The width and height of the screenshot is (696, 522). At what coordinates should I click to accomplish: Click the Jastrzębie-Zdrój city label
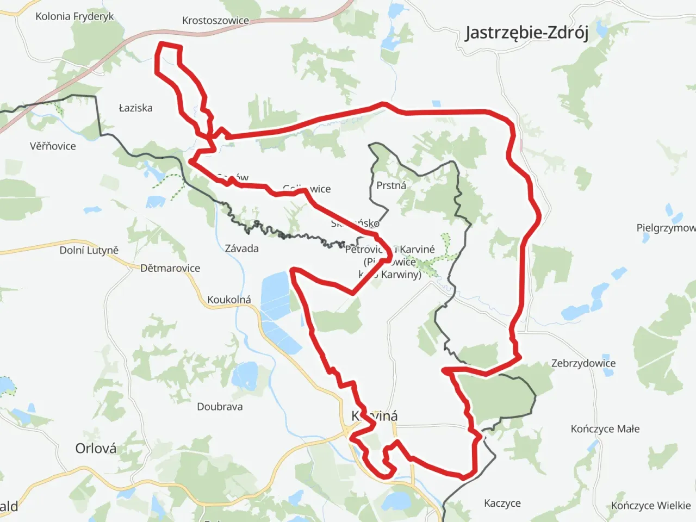[x=526, y=33]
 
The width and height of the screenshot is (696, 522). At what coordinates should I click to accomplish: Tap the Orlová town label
[x=96, y=448]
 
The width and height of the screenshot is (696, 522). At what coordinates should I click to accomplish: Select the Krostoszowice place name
[x=215, y=21]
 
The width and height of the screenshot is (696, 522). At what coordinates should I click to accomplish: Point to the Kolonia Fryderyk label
[x=74, y=16]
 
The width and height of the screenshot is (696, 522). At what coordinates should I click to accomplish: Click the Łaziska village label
[x=135, y=108]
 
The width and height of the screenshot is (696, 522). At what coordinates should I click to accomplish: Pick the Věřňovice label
[x=53, y=146]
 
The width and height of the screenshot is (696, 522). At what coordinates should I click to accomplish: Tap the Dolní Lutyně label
[x=89, y=250]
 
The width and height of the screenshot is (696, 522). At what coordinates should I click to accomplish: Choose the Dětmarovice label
[x=170, y=268]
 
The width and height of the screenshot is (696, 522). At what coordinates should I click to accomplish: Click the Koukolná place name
[x=229, y=300]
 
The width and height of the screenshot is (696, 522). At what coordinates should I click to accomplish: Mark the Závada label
[x=241, y=248]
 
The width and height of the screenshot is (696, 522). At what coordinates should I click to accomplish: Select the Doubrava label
[x=220, y=407]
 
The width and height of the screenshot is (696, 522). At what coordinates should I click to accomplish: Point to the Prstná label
[x=391, y=185]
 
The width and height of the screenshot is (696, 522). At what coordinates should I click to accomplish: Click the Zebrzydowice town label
[x=583, y=363]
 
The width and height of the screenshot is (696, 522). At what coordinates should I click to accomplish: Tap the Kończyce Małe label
[x=605, y=429]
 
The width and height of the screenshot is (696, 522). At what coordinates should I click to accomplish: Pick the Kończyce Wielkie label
[x=650, y=506]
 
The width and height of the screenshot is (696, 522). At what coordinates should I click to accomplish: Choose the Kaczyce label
[x=502, y=504]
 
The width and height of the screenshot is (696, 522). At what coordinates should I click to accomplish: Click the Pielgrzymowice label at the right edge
[x=666, y=228]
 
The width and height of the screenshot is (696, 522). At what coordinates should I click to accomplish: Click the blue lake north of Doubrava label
[x=245, y=375]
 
